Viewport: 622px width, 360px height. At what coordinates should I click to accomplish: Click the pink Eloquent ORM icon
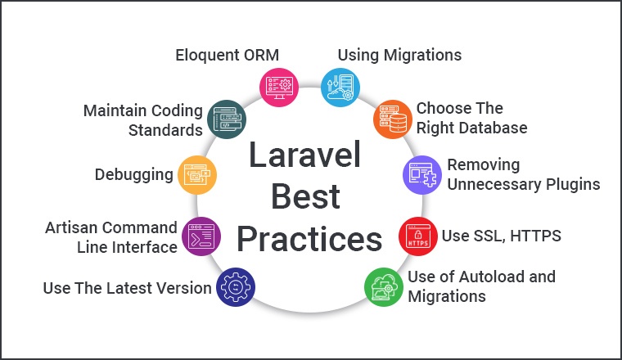[277, 84]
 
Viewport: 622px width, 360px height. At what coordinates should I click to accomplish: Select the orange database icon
[391, 119]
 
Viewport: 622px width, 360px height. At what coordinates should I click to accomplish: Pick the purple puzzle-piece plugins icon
[421, 174]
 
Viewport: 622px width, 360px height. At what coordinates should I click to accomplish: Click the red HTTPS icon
[417, 235]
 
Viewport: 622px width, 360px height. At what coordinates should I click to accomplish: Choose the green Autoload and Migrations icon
[382, 286]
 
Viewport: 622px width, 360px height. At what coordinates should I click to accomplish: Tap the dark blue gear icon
[235, 287]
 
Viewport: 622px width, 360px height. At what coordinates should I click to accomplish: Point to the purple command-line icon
[200, 236]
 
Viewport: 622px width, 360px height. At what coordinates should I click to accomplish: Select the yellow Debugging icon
[197, 174]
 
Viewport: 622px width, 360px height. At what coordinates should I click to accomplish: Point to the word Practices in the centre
[309, 240]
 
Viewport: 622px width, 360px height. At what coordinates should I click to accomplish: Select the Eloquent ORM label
[227, 56]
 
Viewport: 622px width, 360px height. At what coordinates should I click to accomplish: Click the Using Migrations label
[399, 56]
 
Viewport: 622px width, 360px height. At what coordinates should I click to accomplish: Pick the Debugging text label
[133, 174]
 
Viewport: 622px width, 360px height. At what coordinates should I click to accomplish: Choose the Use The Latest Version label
[127, 288]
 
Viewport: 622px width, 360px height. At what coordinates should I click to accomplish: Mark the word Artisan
[70, 227]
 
